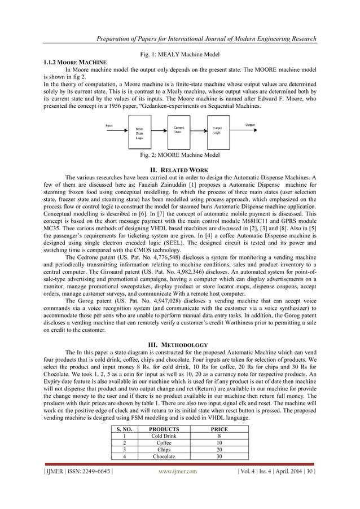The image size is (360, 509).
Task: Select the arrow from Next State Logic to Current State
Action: point(160,131)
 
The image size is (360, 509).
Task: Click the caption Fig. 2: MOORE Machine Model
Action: point(179,155)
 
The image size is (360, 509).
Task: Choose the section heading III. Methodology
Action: point(179,345)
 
